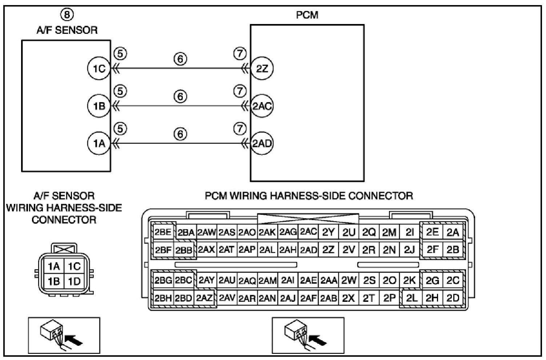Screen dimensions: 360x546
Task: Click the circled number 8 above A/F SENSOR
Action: pos(67,15)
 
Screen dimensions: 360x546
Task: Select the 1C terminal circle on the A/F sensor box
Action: pos(99,68)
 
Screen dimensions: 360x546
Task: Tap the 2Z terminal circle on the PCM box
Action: pos(262,68)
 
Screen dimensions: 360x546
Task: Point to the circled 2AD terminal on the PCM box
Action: pos(262,143)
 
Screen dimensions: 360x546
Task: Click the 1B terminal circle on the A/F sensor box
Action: pos(99,106)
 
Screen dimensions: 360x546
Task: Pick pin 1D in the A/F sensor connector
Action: pos(74,281)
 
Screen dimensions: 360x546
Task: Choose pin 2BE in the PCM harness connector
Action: pos(162,232)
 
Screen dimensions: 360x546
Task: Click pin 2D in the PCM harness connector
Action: pos(453,298)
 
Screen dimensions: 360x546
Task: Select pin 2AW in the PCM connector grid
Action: pos(206,232)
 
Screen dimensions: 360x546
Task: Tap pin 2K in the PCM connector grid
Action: pos(410,280)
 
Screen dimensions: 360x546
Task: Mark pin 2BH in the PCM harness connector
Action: pos(163,299)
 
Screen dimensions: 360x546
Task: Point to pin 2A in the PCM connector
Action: pos(453,232)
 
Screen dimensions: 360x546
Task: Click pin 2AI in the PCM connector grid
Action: pos(288,280)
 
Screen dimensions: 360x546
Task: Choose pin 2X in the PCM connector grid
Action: pos(348,298)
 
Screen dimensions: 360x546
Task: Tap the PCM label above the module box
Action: pos(307,15)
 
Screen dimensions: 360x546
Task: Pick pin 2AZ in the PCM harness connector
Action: pos(204,298)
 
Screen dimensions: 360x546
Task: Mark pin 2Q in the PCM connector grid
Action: pos(369,232)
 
